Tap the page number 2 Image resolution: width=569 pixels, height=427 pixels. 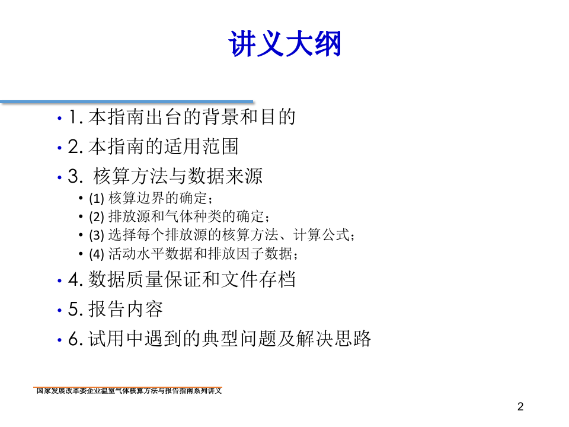click(x=520, y=407)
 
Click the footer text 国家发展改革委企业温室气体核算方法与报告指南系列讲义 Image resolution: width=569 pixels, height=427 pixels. click(x=129, y=391)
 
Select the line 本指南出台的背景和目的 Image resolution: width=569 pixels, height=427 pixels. click(x=191, y=117)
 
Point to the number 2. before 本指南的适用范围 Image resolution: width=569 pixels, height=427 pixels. click(x=75, y=147)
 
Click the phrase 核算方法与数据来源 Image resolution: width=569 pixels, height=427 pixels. click(x=178, y=176)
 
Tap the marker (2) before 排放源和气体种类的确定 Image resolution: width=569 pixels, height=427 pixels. click(x=96, y=217)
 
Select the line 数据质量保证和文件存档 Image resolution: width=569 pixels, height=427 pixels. click(x=191, y=279)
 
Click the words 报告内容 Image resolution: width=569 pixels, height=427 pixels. click(x=126, y=309)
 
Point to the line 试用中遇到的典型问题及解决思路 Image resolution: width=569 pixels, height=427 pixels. click(x=229, y=339)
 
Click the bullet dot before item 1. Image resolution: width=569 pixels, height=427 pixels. click(x=59, y=119)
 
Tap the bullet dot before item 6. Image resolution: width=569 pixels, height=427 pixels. click(x=59, y=340)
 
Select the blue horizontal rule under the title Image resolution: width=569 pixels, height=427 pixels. click(x=127, y=102)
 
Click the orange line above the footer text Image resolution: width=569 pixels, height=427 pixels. click(x=128, y=387)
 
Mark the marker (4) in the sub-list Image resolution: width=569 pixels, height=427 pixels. click(x=96, y=254)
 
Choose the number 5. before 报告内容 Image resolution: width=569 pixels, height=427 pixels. click(x=75, y=310)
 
